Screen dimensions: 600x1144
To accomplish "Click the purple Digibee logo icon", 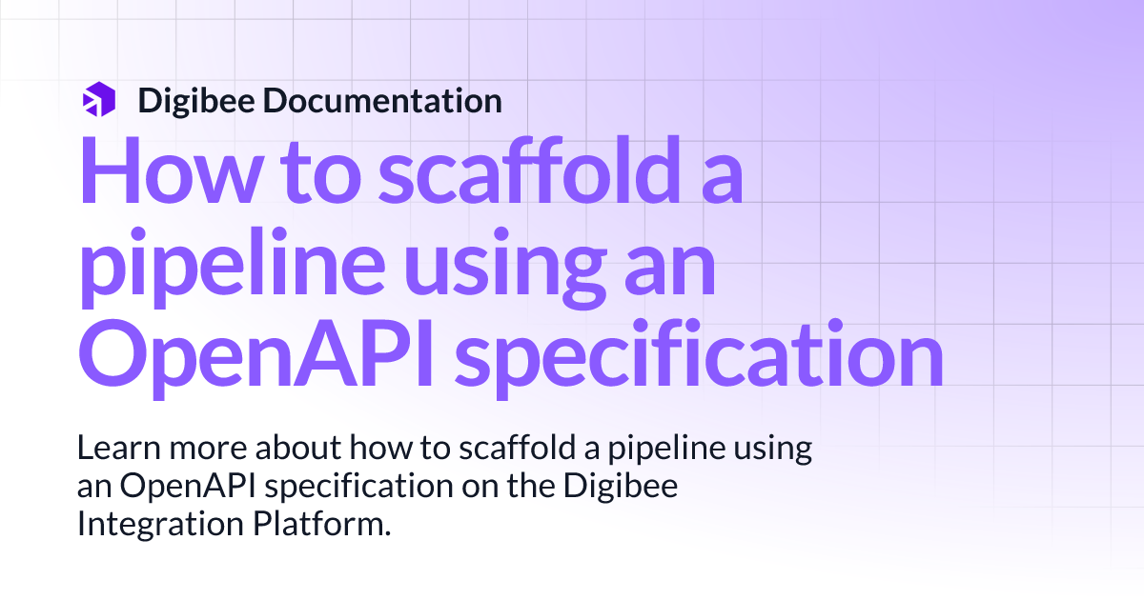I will [x=98, y=99].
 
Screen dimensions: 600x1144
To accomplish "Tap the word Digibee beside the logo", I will [x=196, y=100].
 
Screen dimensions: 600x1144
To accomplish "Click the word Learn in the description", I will [x=111, y=449].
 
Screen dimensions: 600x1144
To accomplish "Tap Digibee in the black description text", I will [x=628, y=487].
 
